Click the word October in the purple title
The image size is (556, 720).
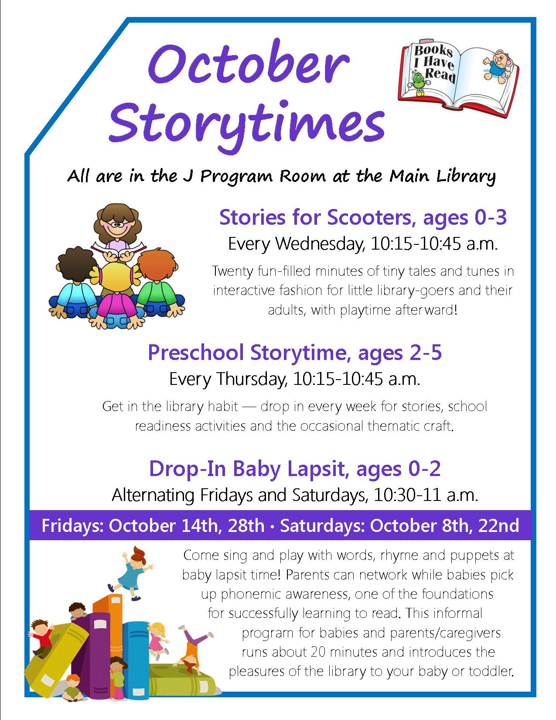pos(249,64)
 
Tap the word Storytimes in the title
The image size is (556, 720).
pos(247,125)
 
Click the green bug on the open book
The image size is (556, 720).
pos(419,83)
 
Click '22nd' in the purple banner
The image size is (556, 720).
pos(499,526)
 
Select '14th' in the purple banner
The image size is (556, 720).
pos(201,526)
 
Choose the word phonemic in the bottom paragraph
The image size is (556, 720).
pos(250,594)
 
